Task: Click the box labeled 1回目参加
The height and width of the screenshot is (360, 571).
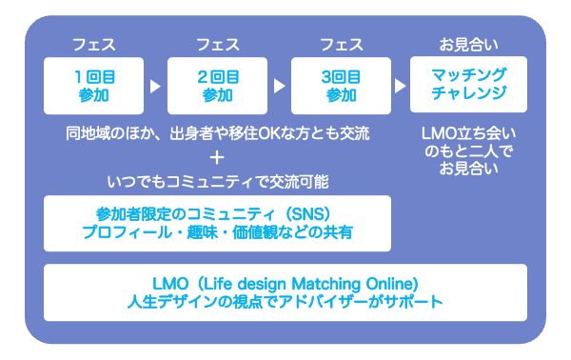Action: (94, 85)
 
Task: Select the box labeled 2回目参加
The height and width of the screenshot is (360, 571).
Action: (217, 85)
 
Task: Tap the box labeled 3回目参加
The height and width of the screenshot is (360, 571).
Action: (341, 85)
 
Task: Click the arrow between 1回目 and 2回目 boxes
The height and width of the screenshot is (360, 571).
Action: (156, 86)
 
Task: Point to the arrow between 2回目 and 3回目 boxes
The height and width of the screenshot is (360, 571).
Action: (279, 86)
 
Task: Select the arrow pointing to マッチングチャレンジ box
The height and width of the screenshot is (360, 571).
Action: (402, 86)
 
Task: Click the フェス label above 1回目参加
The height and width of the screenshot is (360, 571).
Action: (93, 45)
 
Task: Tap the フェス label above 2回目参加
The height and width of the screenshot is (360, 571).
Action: (217, 45)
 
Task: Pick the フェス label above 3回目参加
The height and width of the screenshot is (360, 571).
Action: (341, 45)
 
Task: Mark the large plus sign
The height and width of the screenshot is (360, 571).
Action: (218, 156)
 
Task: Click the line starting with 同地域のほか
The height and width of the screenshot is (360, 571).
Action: (218, 132)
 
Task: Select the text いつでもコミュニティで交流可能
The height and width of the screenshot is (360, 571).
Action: (218, 180)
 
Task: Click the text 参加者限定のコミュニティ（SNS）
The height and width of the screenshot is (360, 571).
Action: (218, 212)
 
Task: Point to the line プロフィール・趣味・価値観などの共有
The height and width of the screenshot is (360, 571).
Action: (218, 232)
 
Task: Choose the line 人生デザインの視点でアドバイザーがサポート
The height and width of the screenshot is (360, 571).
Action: (285, 303)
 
